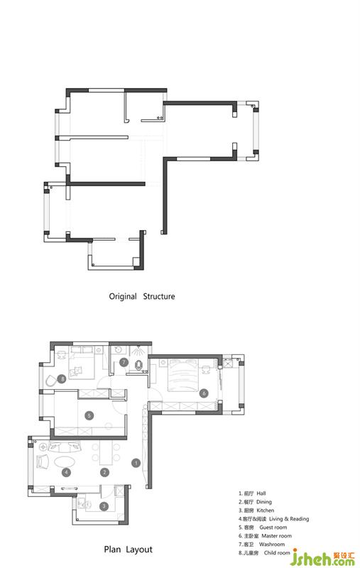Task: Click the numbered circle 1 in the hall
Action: pos(136,463)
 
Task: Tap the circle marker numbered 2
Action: pos(104,472)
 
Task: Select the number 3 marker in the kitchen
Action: pos(104,506)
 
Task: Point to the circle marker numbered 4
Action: pos(66,472)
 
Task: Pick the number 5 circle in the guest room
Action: pos(89,415)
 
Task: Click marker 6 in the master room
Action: pos(204,393)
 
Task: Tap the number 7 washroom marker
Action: pos(124,362)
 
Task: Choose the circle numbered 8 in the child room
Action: pos(62,379)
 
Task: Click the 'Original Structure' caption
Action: pos(142,296)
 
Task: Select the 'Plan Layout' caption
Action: pos(129,550)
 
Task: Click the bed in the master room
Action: pos(182,376)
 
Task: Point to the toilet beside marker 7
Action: pos(138,366)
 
